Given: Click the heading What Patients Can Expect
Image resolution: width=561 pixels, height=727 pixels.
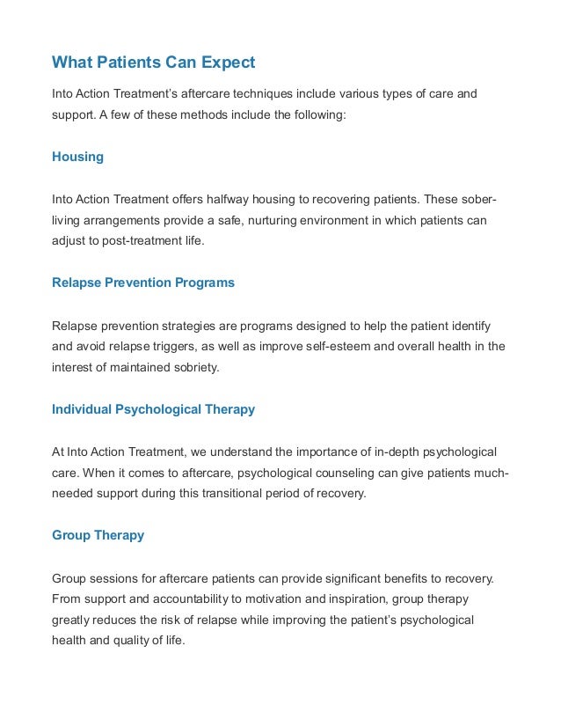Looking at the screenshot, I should click(x=153, y=62).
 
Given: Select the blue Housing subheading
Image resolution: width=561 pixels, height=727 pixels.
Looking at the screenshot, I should click(x=77, y=157).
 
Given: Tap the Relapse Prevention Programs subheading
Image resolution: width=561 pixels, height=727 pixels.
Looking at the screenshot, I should click(x=143, y=283).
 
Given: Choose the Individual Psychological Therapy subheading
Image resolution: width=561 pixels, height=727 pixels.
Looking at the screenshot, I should click(x=153, y=409).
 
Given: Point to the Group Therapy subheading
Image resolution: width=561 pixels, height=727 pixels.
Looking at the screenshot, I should click(x=98, y=535).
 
